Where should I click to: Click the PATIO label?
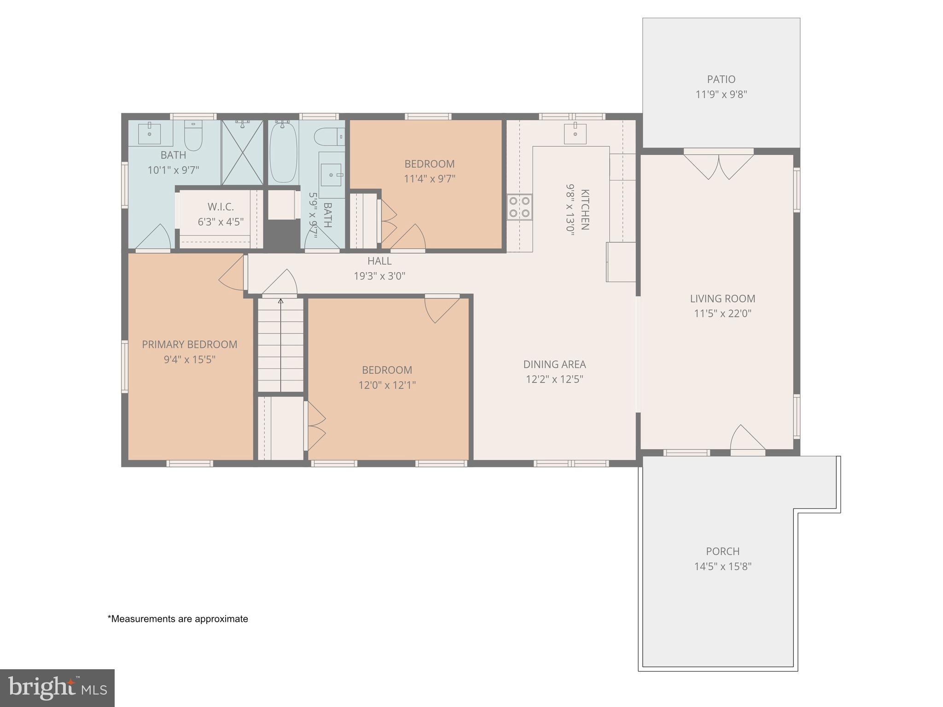pyautogui.click(x=721, y=79)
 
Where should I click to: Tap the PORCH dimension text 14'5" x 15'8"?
pyautogui.click(x=722, y=566)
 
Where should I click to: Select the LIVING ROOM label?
pyautogui.click(x=722, y=298)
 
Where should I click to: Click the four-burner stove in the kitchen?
pyautogui.click(x=519, y=207)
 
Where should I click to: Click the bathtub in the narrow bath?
pyautogui.click(x=283, y=152)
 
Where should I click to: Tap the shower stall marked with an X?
pyautogui.click(x=243, y=152)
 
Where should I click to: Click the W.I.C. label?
pyautogui.click(x=221, y=207)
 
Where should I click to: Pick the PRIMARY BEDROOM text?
pyautogui.click(x=189, y=345)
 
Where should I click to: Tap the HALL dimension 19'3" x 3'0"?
pyautogui.click(x=379, y=276)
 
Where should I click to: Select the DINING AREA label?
pyautogui.click(x=554, y=364)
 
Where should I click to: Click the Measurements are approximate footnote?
pyautogui.click(x=178, y=619)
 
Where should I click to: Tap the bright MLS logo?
pyautogui.click(x=57, y=688)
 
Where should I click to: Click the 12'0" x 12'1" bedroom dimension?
pyautogui.click(x=387, y=385)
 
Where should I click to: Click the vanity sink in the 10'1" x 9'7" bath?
pyautogui.click(x=150, y=133)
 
